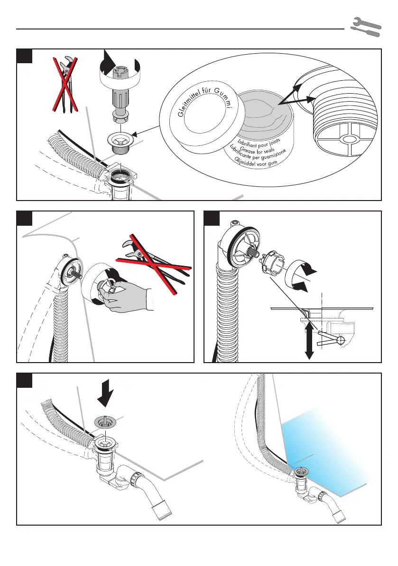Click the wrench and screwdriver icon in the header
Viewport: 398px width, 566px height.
click(x=366, y=27)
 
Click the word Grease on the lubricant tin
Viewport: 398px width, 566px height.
click(x=248, y=149)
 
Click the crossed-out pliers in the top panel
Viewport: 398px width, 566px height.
click(x=65, y=84)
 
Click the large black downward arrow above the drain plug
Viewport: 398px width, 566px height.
click(x=105, y=398)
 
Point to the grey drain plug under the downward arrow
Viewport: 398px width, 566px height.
click(x=104, y=421)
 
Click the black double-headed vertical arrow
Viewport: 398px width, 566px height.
click(x=309, y=339)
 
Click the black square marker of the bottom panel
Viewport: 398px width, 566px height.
click(x=25, y=381)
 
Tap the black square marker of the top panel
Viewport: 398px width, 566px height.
click(x=25, y=56)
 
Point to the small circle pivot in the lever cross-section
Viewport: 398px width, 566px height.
click(x=341, y=340)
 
